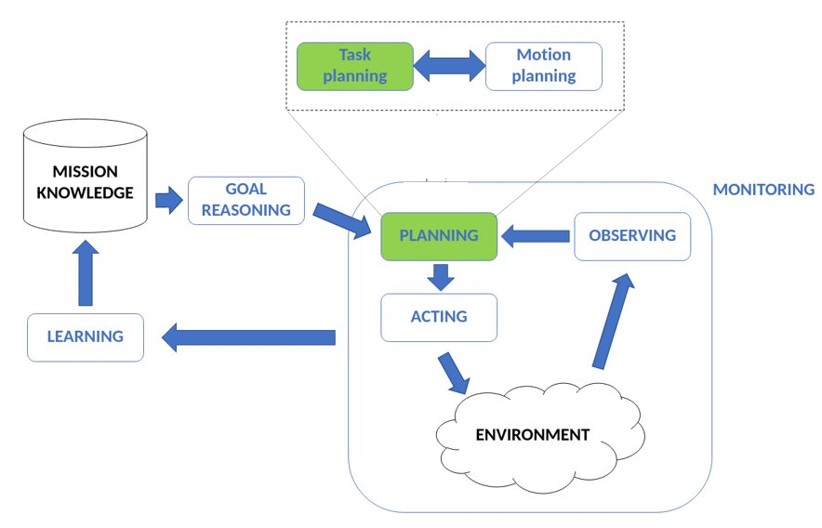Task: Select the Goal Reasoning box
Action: click(x=246, y=200)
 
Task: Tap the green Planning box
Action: click(x=439, y=236)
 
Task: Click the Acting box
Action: click(x=439, y=317)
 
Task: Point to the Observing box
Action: click(x=632, y=236)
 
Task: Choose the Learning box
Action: click(x=86, y=337)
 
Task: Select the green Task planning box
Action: click(x=354, y=66)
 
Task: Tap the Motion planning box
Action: click(x=543, y=66)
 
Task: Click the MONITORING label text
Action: click(x=762, y=190)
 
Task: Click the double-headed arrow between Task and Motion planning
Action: click(x=449, y=66)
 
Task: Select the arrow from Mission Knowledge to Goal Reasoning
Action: click(x=167, y=200)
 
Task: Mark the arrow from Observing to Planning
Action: click(x=535, y=237)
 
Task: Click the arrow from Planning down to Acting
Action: click(x=439, y=277)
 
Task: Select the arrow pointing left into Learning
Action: click(x=248, y=337)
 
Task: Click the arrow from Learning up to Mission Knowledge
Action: click(x=85, y=275)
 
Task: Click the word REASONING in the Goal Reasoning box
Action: click(x=246, y=210)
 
